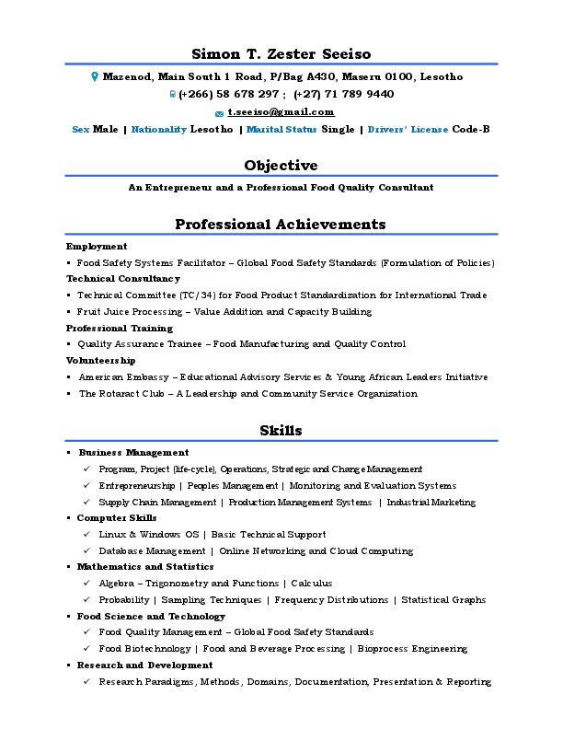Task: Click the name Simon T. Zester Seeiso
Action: coord(281,53)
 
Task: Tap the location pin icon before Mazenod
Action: coord(94,77)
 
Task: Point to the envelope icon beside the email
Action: coord(219,112)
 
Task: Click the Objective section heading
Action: coord(281,166)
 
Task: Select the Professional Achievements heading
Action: coord(281,225)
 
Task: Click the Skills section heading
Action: coord(281,430)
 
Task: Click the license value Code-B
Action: coord(471,130)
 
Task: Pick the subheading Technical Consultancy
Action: coord(123,278)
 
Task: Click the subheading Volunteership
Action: coord(101,361)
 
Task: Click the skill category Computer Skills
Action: coord(117,518)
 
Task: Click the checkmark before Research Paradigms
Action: coord(86,682)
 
